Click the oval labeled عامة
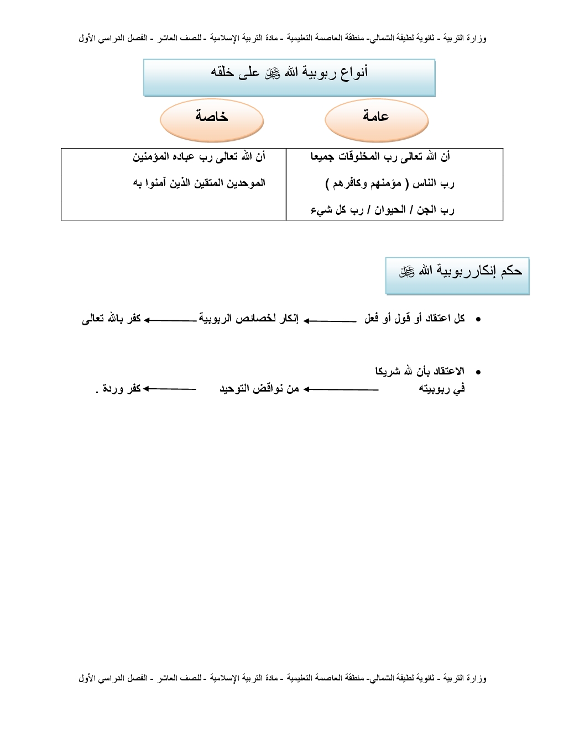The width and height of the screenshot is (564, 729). pyautogui.click(x=377, y=120)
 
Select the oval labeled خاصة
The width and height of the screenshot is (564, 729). pyautogui.click(x=212, y=120)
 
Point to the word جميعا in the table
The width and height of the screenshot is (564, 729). pyautogui.click(x=322, y=157)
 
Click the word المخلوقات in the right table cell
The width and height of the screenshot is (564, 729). pyautogui.click(x=359, y=157)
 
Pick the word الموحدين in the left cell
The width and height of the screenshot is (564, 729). pyautogui.click(x=246, y=183)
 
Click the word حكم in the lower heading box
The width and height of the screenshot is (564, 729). pyautogui.click(x=511, y=271)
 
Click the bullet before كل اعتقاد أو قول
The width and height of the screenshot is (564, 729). pyautogui.click(x=478, y=320)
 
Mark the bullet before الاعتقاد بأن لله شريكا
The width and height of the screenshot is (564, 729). pyautogui.click(x=478, y=373)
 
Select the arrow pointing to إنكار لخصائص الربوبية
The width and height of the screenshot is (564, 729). pyautogui.click(x=330, y=321)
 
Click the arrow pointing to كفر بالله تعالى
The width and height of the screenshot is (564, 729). pyautogui.click(x=170, y=320)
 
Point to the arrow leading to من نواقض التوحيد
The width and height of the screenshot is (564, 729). pyautogui.click(x=341, y=389)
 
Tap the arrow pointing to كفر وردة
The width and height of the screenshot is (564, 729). pyautogui.click(x=169, y=389)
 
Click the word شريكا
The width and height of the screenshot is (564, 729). pyautogui.click(x=387, y=372)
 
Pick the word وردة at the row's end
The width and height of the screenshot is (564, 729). pyautogui.click(x=113, y=389)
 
